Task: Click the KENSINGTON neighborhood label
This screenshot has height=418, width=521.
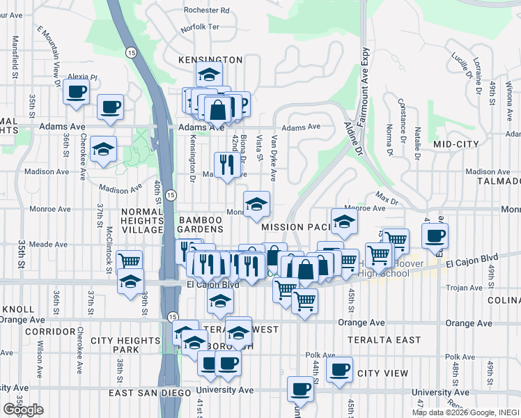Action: pyautogui.click(x=210, y=61)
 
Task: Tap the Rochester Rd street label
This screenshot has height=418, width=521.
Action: pyautogui.click(x=207, y=10)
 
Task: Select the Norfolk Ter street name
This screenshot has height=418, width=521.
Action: pyautogui.click(x=200, y=28)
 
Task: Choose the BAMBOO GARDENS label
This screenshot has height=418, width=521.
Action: pyautogui.click(x=201, y=229)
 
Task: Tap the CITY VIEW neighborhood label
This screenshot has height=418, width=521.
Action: pyautogui.click(x=382, y=373)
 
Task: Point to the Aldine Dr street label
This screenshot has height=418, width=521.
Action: pyautogui.click(x=352, y=137)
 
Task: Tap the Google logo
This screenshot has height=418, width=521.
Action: pyautogui.click(x=23, y=410)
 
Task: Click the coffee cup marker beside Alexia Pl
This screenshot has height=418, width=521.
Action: pyautogui.click(x=76, y=91)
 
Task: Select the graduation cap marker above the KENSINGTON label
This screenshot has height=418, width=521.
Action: pyautogui.click(x=208, y=73)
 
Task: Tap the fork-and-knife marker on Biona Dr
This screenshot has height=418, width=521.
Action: pyautogui.click(x=226, y=164)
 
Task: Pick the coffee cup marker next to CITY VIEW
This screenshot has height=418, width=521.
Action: pyautogui.click(x=339, y=369)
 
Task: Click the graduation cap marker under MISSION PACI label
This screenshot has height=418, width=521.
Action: pyautogui.click(x=343, y=222)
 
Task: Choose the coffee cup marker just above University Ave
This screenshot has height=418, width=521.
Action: pyautogui.click(x=300, y=387)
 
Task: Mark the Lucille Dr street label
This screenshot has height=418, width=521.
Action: pyautogui.click(x=461, y=65)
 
